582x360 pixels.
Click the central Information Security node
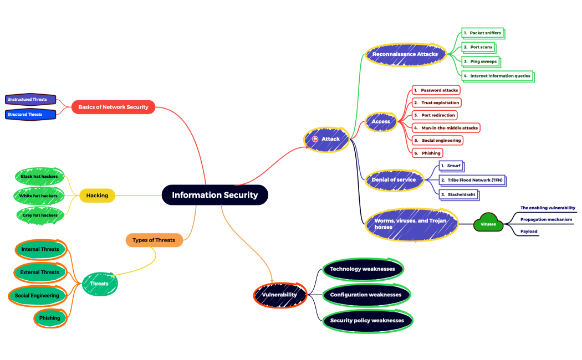(215, 195)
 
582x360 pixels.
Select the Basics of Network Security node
(113, 107)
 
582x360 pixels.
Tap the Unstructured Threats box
(30, 100)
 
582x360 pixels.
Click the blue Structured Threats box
(30, 115)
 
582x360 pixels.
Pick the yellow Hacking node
(97, 196)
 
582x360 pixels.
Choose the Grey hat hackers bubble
(39, 215)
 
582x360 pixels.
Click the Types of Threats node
(154, 240)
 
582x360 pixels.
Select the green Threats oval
(99, 284)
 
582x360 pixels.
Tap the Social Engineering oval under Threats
(37, 295)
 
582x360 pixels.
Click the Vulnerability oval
(279, 295)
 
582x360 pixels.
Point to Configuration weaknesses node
(366, 295)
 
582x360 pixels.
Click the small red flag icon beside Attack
(315, 139)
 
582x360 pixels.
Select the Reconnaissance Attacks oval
(405, 54)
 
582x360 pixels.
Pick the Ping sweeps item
(480, 61)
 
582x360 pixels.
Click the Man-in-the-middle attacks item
(446, 127)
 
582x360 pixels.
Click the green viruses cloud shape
(488, 224)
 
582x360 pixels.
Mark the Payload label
(529, 231)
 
